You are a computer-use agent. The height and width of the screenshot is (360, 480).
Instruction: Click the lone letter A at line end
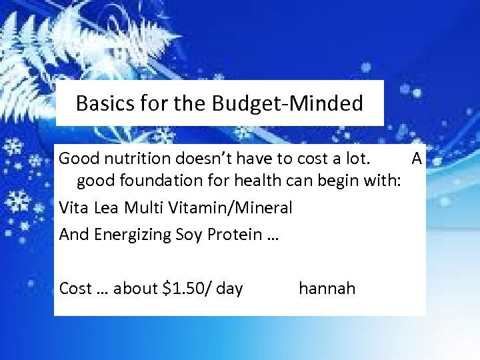point(416,159)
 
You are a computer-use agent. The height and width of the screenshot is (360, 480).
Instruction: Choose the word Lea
point(108,207)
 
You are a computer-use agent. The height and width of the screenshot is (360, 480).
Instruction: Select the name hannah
point(327,289)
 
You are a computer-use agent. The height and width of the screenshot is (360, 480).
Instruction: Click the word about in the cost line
point(135,289)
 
